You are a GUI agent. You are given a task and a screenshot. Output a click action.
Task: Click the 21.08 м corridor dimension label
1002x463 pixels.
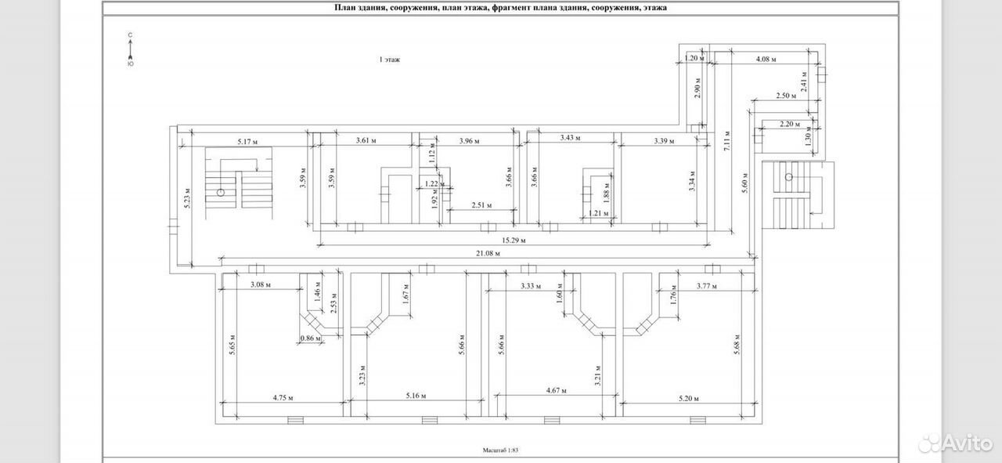click(488, 254)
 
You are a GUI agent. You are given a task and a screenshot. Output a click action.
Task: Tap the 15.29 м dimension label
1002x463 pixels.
click(514, 241)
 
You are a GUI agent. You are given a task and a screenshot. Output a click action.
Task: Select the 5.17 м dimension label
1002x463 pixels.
click(247, 142)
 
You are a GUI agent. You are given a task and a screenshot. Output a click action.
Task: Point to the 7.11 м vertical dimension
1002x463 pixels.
click(727, 140)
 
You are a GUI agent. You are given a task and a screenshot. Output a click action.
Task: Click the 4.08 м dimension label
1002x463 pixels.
click(766, 59)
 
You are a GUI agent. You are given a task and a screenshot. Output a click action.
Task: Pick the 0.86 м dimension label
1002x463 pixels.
click(311, 338)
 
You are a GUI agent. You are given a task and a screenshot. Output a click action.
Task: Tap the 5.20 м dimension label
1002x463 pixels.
click(688, 399)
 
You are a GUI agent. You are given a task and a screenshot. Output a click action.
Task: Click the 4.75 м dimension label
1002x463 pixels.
click(283, 398)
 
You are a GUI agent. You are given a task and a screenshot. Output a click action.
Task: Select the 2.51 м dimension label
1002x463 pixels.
click(481, 205)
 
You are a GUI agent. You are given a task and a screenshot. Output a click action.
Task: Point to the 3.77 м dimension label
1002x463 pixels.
click(707, 286)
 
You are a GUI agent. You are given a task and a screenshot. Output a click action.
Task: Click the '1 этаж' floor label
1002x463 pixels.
click(390, 60)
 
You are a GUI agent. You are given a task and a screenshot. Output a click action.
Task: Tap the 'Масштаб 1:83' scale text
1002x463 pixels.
click(500, 450)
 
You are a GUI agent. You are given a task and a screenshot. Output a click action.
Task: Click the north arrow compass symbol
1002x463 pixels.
click(130, 49)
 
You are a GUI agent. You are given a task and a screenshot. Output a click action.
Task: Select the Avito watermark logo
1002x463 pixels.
click(956, 443)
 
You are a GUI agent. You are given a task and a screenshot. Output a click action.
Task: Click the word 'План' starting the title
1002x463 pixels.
click(343, 8)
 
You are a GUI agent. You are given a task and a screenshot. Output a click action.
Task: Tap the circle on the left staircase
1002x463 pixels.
click(220, 193)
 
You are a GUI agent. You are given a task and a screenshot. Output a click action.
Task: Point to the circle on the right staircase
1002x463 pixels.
click(788, 177)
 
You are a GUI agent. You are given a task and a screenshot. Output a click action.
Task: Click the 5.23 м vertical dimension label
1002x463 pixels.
click(187, 198)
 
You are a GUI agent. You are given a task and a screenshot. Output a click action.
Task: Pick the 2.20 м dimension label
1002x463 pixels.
click(790, 124)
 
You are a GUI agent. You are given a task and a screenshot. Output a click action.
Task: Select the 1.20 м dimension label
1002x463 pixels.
click(694, 58)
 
